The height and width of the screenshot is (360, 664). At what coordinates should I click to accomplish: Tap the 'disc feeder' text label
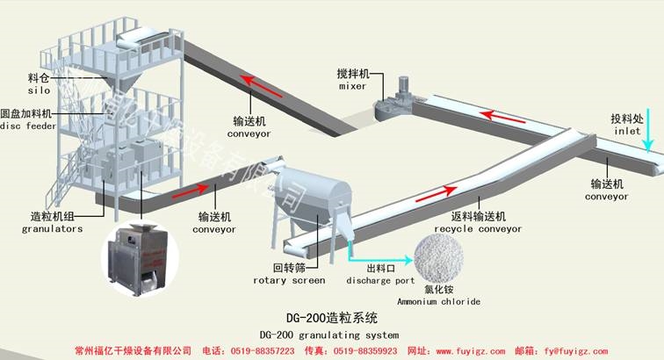30,126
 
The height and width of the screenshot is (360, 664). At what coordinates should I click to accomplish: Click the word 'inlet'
627,131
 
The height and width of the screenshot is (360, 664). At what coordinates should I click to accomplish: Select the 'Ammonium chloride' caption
438,302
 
